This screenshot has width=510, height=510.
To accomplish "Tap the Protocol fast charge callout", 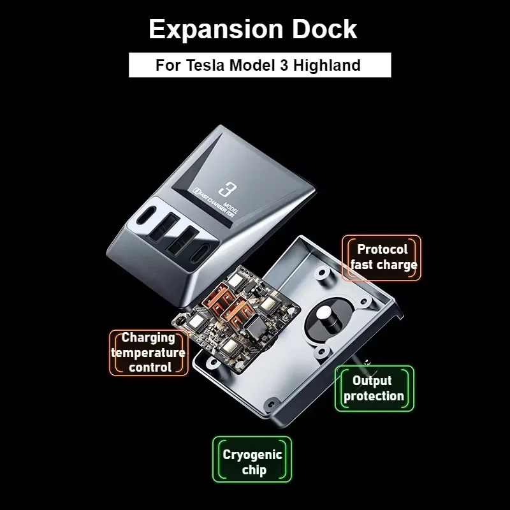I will [383, 257].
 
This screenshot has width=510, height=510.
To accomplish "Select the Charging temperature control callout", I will [149, 352].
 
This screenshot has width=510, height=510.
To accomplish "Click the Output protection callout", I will [374, 388].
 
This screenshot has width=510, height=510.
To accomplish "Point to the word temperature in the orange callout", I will [149, 353].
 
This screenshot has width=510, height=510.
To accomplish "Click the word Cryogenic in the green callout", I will [252, 455].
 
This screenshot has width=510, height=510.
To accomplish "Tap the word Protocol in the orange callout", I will [382, 249].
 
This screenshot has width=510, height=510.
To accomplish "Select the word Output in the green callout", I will [372, 381].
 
